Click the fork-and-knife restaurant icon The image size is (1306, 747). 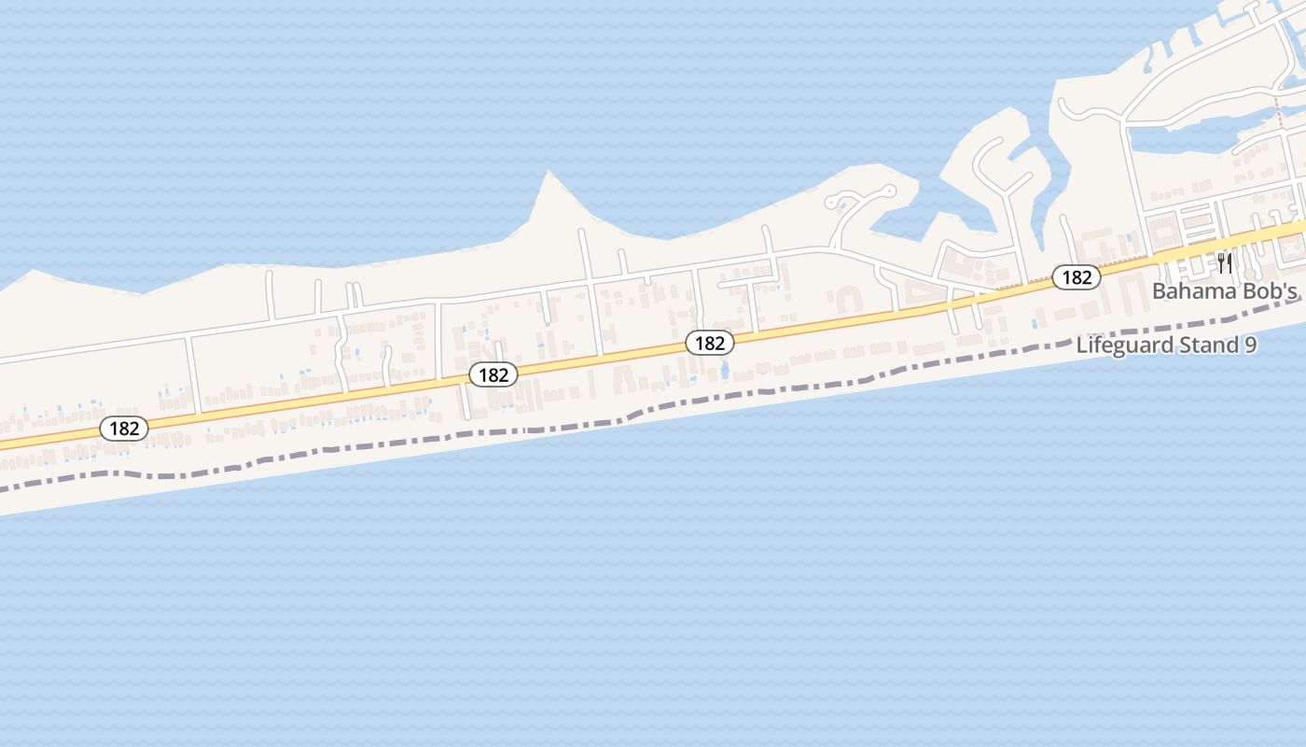click(1225, 263)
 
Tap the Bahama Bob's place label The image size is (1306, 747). click(1225, 290)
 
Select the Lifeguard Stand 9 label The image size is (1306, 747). click(1166, 345)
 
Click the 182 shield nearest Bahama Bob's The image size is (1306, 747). click(1077, 277)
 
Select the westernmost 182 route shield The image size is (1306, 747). click(124, 429)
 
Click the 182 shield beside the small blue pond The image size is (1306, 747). click(710, 343)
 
